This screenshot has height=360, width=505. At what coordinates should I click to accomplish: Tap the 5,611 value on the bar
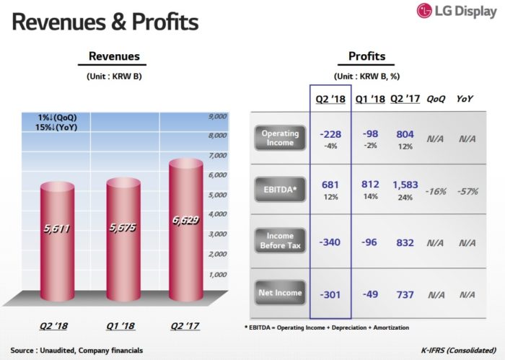point(57,228)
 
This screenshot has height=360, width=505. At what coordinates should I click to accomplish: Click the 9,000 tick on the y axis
point(217,115)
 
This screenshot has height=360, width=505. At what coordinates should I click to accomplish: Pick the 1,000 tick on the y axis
point(217,275)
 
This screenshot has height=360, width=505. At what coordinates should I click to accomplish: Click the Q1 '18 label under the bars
point(121,325)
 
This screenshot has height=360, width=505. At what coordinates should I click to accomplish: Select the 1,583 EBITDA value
point(406,185)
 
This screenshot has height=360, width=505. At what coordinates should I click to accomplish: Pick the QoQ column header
point(435,99)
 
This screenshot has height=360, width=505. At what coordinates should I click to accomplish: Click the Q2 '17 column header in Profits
point(404,99)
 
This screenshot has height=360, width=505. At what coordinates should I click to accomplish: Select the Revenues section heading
point(114,56)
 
